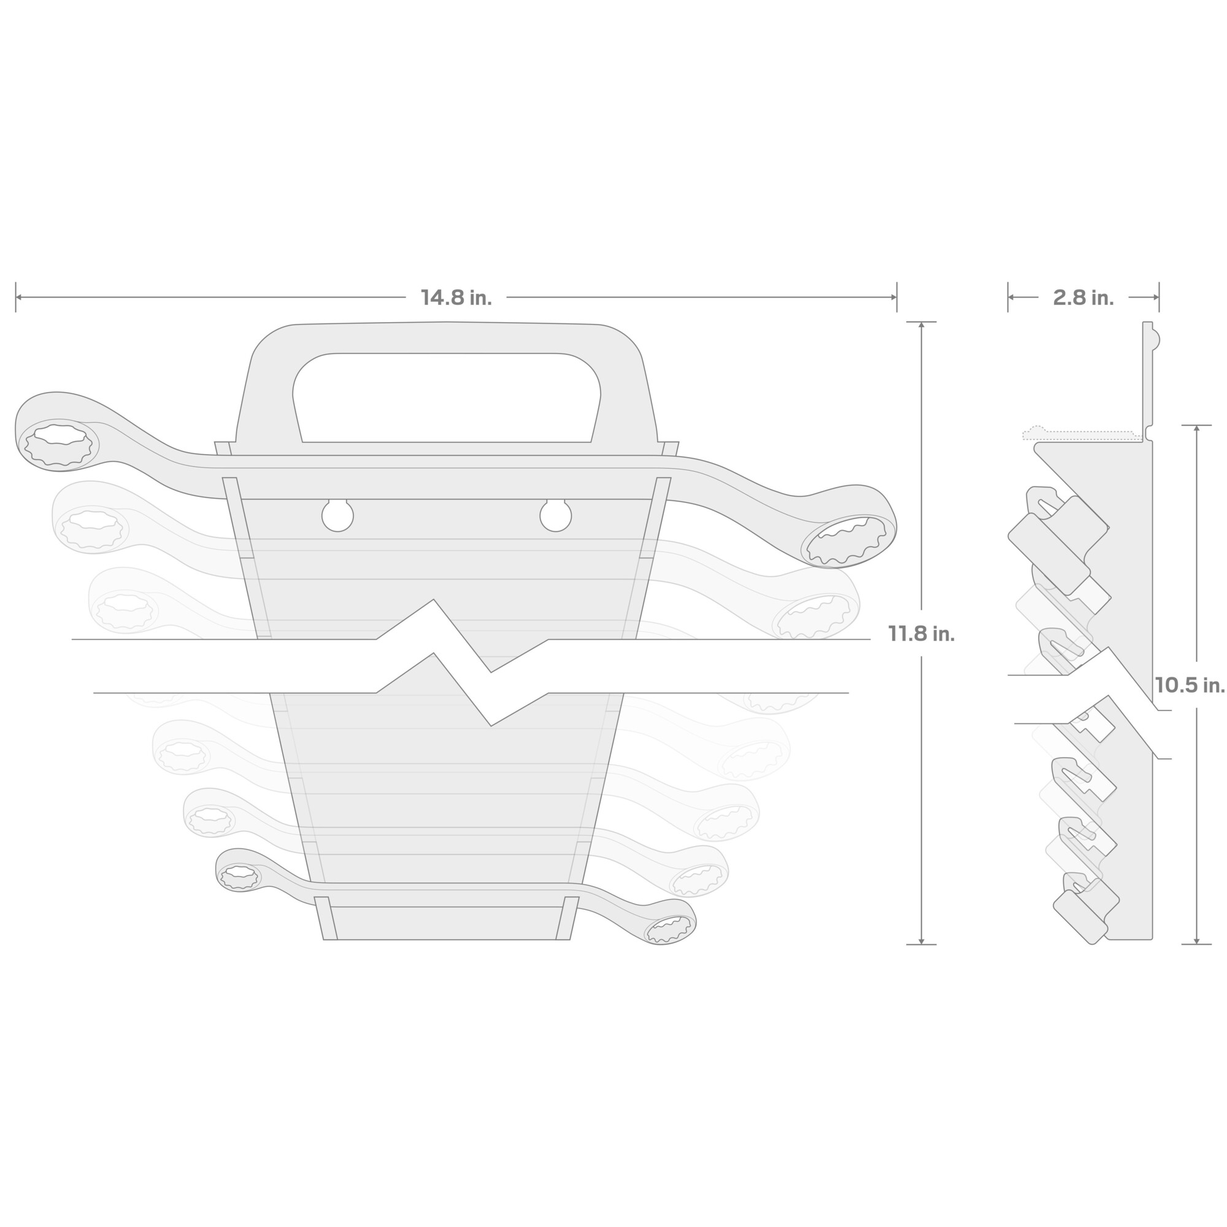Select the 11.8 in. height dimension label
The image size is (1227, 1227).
921,633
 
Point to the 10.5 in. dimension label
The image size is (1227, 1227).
1190,685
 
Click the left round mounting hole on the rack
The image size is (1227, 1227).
337,515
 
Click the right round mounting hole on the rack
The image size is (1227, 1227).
556,515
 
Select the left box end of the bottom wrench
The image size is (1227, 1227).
239,877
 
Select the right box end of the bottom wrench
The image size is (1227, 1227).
670,929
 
